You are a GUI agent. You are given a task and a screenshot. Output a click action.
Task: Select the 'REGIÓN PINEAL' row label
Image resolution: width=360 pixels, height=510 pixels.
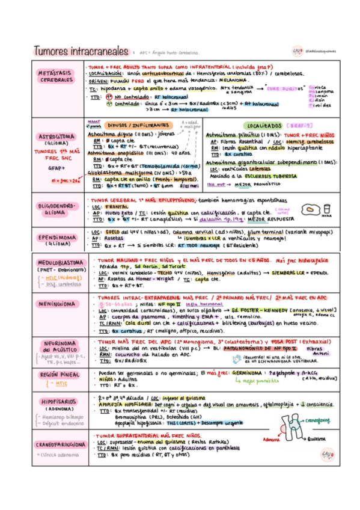pos(55,374)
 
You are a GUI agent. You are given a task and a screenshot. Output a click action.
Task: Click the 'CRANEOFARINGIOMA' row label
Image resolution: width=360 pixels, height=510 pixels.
pos(55,444)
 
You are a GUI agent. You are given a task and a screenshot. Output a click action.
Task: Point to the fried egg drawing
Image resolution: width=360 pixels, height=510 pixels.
pos(327,212)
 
